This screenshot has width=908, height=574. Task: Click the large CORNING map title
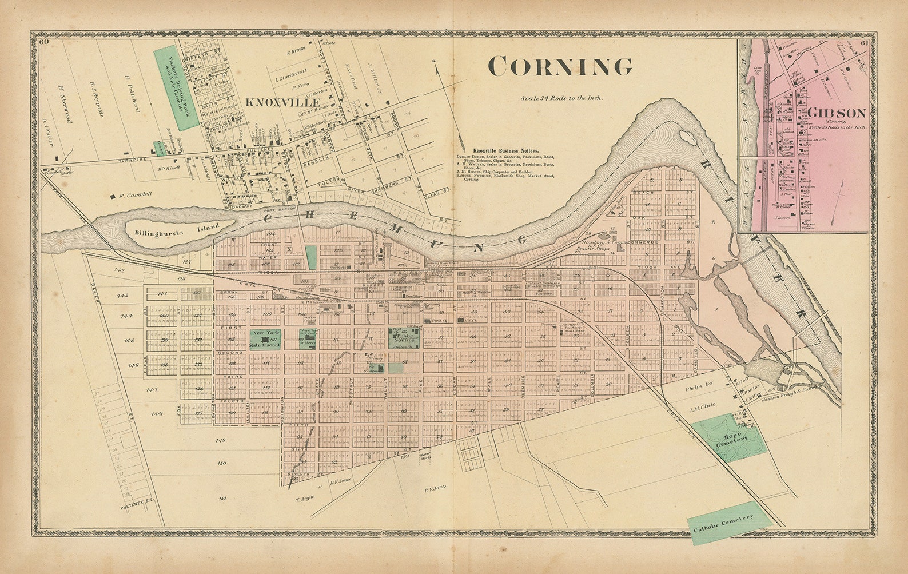tap(560, 67)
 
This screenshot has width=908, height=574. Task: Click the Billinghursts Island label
tap(177, 229)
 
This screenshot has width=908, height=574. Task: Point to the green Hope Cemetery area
tap(730, 438)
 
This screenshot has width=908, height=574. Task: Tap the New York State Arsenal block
tap(264, 340)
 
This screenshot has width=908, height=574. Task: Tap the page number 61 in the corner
tap(863, 43)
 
